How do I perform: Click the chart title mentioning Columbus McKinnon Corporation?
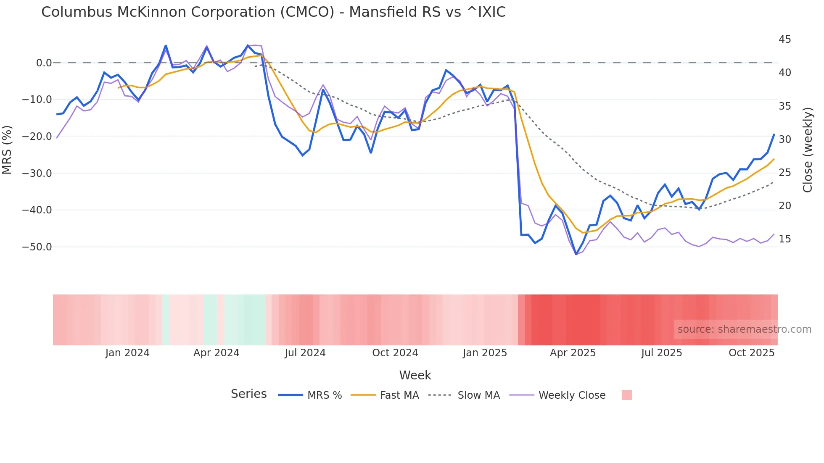click(273, 12)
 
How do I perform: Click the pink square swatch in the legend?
click(626, 395)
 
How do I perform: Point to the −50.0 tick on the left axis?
click(37, 247)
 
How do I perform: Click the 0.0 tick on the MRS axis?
click(44, 63)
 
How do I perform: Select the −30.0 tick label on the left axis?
click(37, 174)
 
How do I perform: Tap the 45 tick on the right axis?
click(784, 39)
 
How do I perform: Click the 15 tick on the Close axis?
click(784, 239)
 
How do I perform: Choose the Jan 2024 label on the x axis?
click(127, 353)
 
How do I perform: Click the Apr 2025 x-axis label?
click(573, 353)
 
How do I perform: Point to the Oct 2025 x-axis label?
click(751, 353)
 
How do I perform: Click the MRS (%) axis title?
click(7, 150)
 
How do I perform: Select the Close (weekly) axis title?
click(807, 150)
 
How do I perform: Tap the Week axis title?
click(415, 375)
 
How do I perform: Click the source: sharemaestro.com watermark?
click(744, 329)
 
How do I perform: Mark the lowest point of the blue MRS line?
click(576, 254)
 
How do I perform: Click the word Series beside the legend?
click(248, 394)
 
